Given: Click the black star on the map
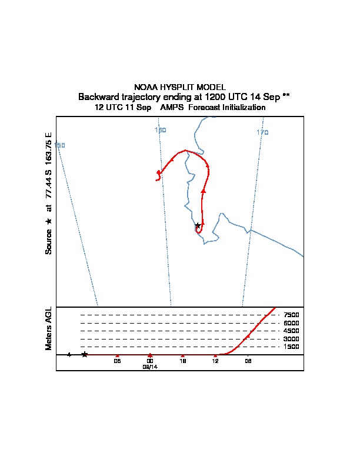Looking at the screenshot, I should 198,225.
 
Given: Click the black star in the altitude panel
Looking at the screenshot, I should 85,354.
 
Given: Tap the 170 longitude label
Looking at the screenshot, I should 262,132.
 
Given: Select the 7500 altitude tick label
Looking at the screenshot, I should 291,315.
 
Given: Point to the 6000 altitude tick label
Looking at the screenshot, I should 291,323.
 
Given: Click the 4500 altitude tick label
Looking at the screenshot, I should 291,331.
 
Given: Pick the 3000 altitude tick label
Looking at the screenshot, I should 291,339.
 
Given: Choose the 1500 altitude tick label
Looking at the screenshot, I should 291,347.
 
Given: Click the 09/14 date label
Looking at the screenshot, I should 151,367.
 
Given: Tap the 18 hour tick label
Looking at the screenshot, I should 183,361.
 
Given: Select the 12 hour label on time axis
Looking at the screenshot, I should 215,361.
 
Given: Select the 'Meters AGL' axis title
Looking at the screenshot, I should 49,328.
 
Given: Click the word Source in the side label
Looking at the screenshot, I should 49,241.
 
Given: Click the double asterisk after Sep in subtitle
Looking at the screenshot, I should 286,96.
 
